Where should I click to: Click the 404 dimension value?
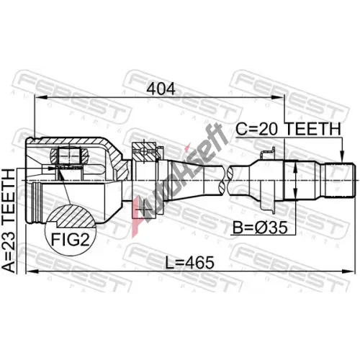[x=161, y=89]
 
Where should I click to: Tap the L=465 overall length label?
[x=189, y=262]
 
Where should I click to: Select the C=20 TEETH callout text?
[x=288, y=129]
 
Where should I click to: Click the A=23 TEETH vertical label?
[x=9, y=221]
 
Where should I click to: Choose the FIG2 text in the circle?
[x=71, y=239]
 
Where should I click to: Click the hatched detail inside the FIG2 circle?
[x=72, y=217]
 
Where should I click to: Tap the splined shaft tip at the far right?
[x=340, y=180]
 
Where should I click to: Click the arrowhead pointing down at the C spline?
[x=342, y=157]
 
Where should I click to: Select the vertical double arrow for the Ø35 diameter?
[x=295, y=181]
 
